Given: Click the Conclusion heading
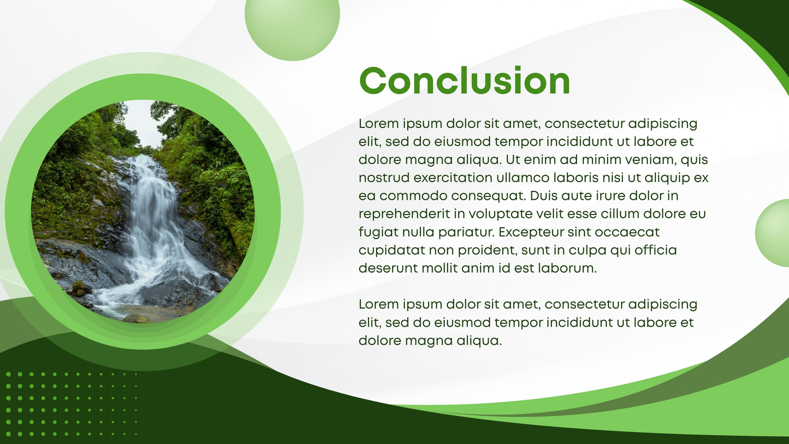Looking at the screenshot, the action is [x=464, y=80].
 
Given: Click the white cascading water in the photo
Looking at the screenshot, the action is [x=155, y=232].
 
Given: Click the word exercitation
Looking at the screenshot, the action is [x=453, y=178].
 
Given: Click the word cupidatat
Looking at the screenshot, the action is [x=392, y=251].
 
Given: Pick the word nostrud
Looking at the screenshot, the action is [x=384, y=178].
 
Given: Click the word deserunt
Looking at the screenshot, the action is [x=388, y=268].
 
